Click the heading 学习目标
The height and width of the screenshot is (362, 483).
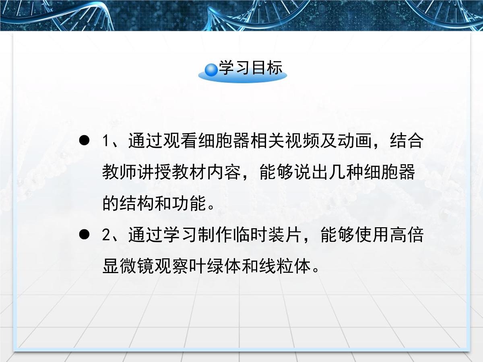point(250,68)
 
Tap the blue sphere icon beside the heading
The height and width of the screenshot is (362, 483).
point(211,70)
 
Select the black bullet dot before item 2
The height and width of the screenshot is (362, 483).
point(84,235)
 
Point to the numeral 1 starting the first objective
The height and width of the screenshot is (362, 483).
point(106,142)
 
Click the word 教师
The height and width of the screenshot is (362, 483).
point(120,173)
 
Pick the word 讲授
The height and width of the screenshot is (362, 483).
point(154,173)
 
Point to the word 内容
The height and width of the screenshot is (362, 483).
point(223,173)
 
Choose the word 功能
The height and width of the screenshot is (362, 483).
point(189,204)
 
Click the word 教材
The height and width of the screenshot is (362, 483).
point(189,173)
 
